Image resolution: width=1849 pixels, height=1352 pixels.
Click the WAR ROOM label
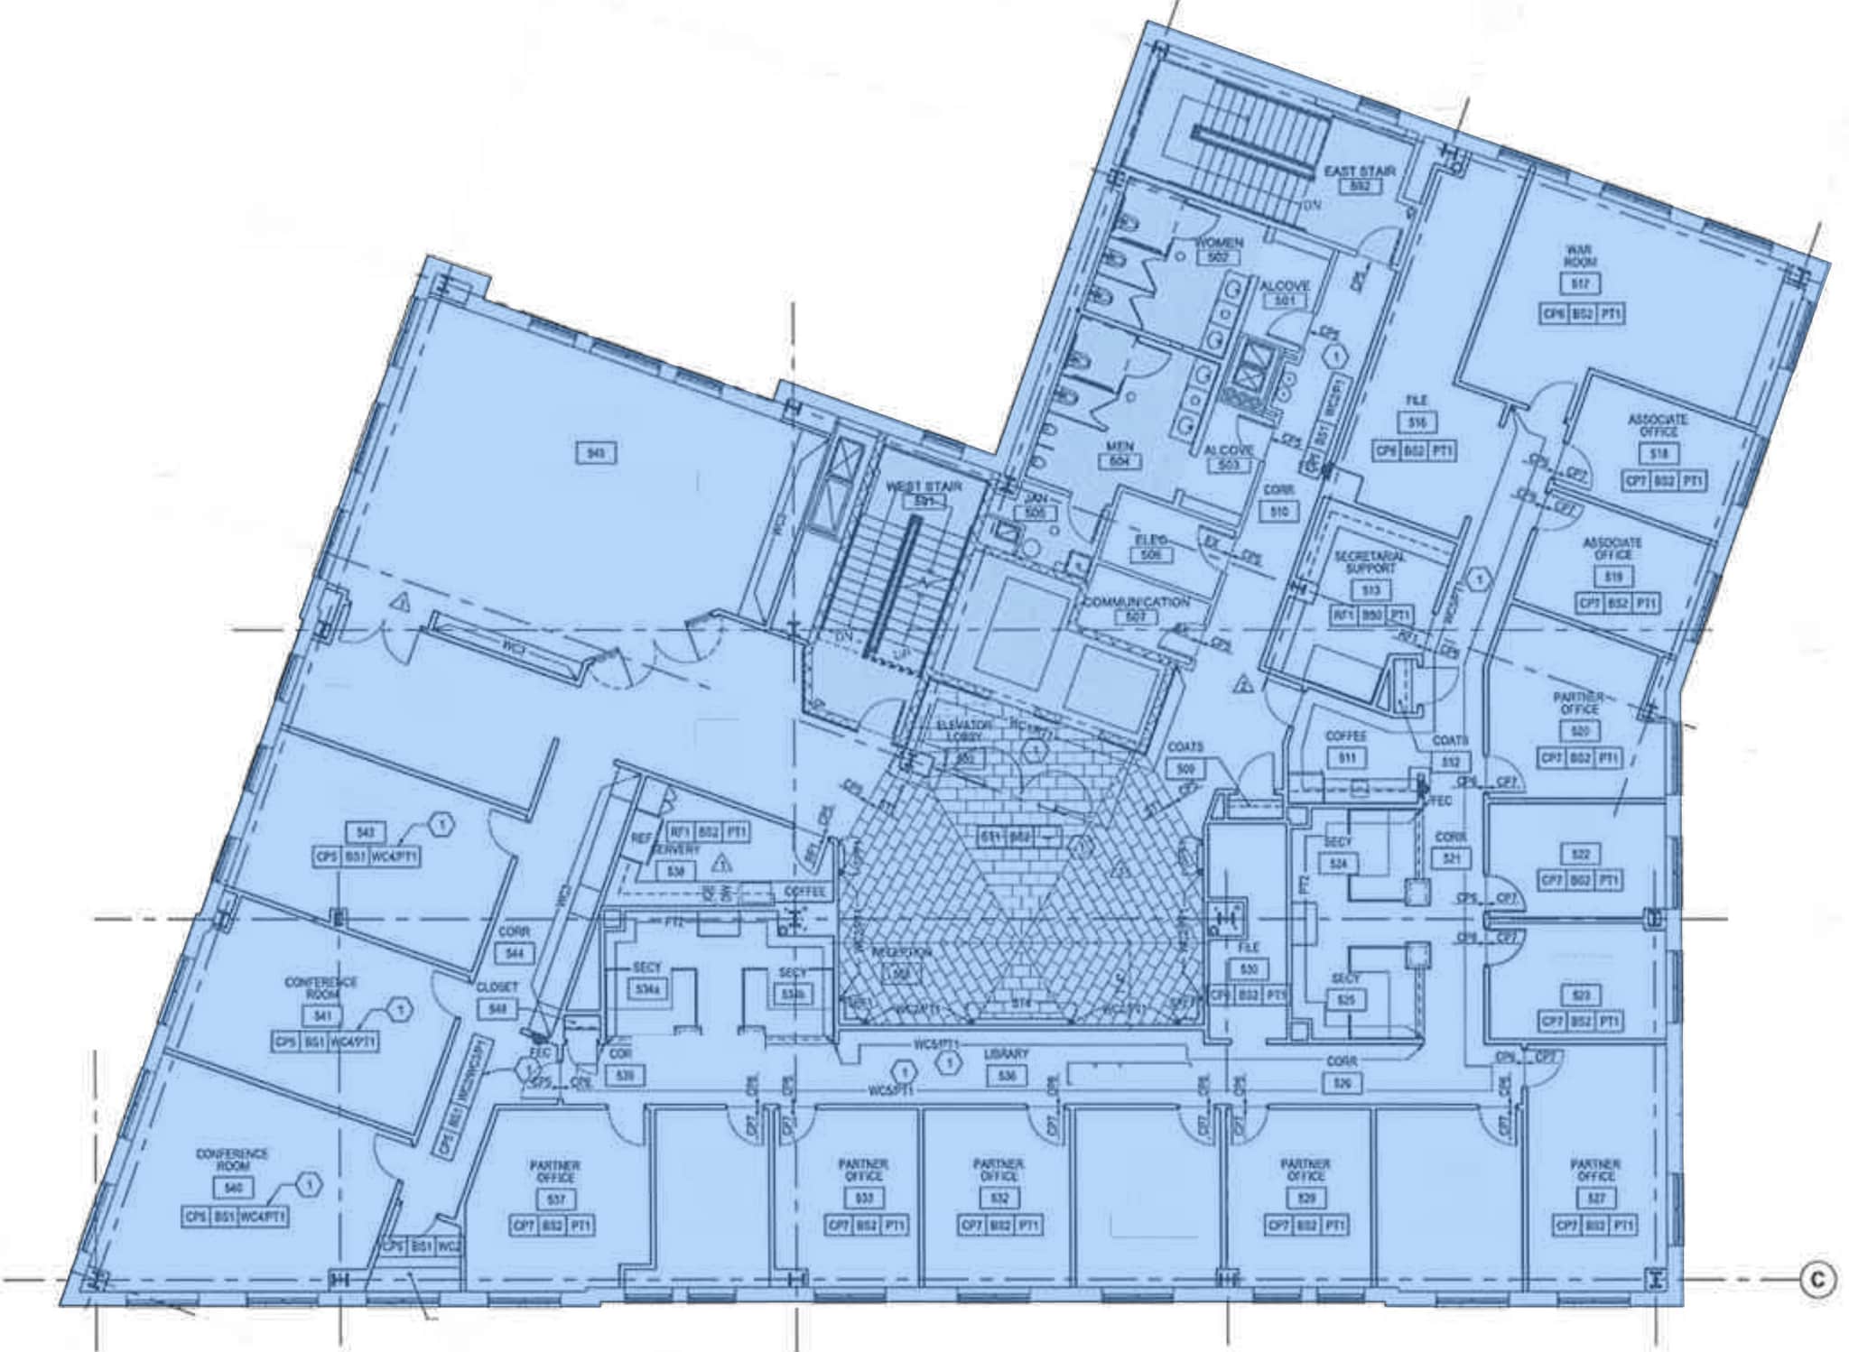pos(1579,255)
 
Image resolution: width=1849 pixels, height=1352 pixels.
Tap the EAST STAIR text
pos(1360,171)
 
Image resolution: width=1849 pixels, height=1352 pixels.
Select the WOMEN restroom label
pos(1219,243)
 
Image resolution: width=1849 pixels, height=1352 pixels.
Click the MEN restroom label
pos(1120,447)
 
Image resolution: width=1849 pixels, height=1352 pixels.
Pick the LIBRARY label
pos(1007,1054)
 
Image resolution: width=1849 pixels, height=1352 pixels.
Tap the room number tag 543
pos(366,831)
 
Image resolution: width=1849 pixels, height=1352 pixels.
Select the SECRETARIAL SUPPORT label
pos(1370,562)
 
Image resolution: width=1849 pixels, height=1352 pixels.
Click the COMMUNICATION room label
pos(1137,602)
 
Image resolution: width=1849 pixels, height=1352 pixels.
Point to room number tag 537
pos(555,1200)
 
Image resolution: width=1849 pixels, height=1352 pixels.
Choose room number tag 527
pos(1595,1199)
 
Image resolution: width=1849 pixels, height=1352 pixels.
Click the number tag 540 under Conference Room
pos(233,1189)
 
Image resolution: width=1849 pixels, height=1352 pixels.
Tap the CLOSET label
pos(497,987)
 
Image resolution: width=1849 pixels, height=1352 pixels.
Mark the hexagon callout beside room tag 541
pos(401,1009)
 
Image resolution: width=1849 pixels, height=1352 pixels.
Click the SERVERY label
pos(675,850)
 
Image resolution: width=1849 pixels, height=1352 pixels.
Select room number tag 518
pos(1659,454)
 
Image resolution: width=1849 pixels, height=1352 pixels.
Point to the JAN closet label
pos(1035,498)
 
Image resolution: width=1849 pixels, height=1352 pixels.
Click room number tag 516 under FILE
pos(1417,422)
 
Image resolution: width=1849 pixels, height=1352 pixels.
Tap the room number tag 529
pos(1305,1199)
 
